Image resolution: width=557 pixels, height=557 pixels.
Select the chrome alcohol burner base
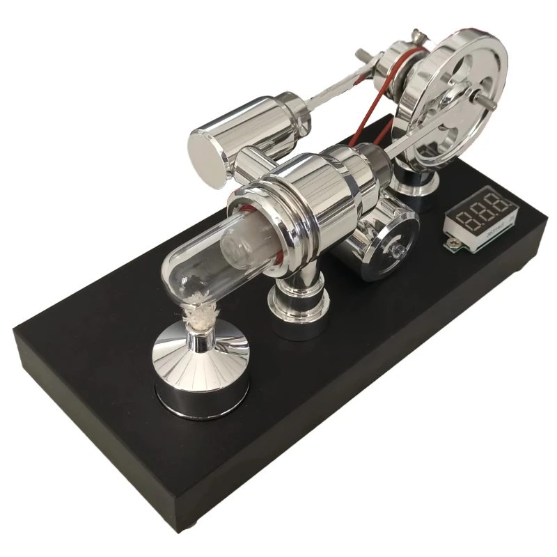click(203, 377)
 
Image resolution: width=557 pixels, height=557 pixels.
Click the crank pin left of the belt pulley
click(364, 55)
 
